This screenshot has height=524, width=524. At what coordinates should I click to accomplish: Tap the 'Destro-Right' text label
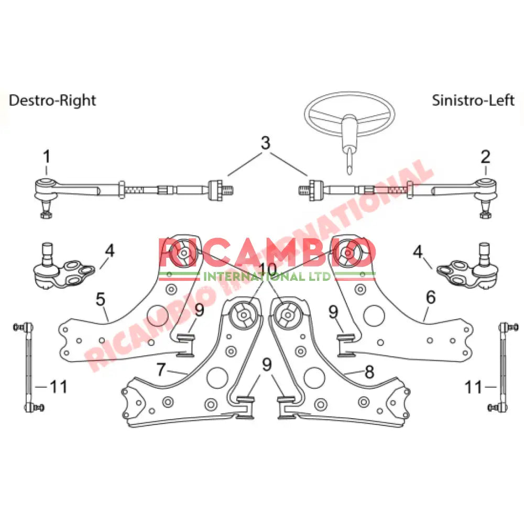pos(52,100)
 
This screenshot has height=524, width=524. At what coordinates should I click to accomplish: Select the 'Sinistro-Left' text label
pos(473,100)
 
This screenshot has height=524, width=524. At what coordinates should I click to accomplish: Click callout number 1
pos(47,156)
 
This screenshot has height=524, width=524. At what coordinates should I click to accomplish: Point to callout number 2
pos(485,156)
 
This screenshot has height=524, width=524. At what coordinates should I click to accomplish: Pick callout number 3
pos(266,143)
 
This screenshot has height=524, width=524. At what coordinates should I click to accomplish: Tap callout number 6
pos(431,298)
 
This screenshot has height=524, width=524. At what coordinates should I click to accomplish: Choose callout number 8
pos(369,372)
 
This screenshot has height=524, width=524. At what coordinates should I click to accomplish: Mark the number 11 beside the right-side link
pos(473,387)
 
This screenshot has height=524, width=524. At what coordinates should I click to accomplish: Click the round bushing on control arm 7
pos(243,316)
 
